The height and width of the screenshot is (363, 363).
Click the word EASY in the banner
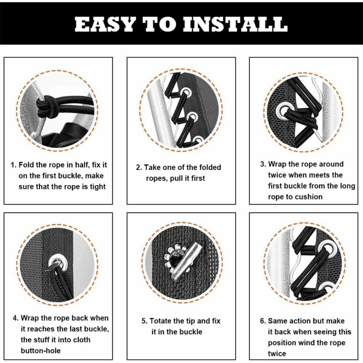pos(105,24)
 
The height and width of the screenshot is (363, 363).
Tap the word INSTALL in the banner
pos(235,24)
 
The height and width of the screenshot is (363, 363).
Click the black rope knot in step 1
pos(45,106)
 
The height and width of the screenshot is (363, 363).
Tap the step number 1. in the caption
pos(13,165)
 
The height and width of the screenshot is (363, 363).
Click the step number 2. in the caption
pos(139,167)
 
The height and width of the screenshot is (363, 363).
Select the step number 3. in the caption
pos(263,164)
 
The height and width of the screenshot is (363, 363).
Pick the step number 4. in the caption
pos(16,318)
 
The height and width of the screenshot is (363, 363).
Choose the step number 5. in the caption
pos(145,321)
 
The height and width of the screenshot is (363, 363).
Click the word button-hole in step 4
pos(40,351)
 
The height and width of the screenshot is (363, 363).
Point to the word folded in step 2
pos(210,167)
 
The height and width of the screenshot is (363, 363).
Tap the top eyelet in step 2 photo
pos(186,93)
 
